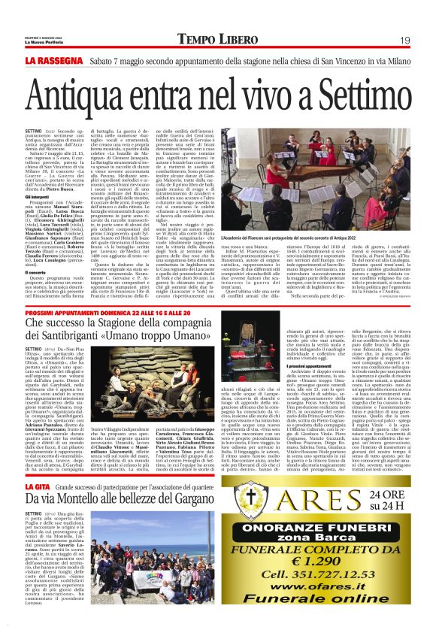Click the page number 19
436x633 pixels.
point(404,39)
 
